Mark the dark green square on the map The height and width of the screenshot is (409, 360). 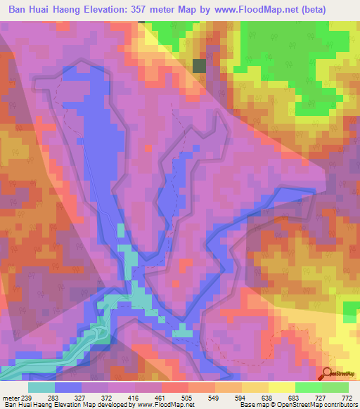(x=200, y=66)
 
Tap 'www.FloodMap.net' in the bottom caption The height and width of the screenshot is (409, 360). (x=165, y=405)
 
